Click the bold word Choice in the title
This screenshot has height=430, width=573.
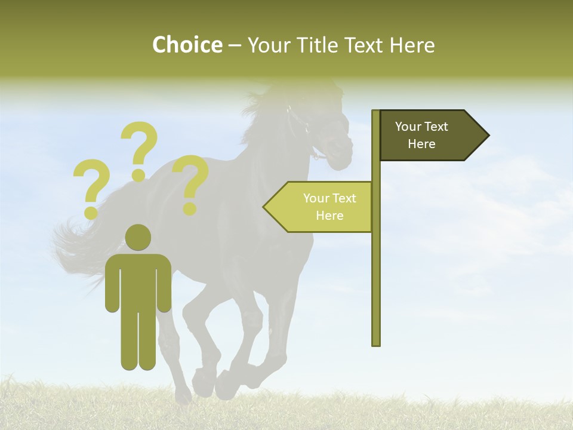click(x=187, y=45)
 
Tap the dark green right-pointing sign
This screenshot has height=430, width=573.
click(x=430, y=136)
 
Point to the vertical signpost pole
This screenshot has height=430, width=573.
click(x=376, y=269)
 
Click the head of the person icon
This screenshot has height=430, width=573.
click(x=138, y=237)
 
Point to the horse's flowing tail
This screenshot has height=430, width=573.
click(x=78, y=245)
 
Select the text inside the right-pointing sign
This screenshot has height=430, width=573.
click(x=421, y=135)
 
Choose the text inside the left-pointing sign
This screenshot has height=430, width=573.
click(x=329, y=207)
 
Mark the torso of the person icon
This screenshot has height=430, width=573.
click(x=138, y=281)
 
